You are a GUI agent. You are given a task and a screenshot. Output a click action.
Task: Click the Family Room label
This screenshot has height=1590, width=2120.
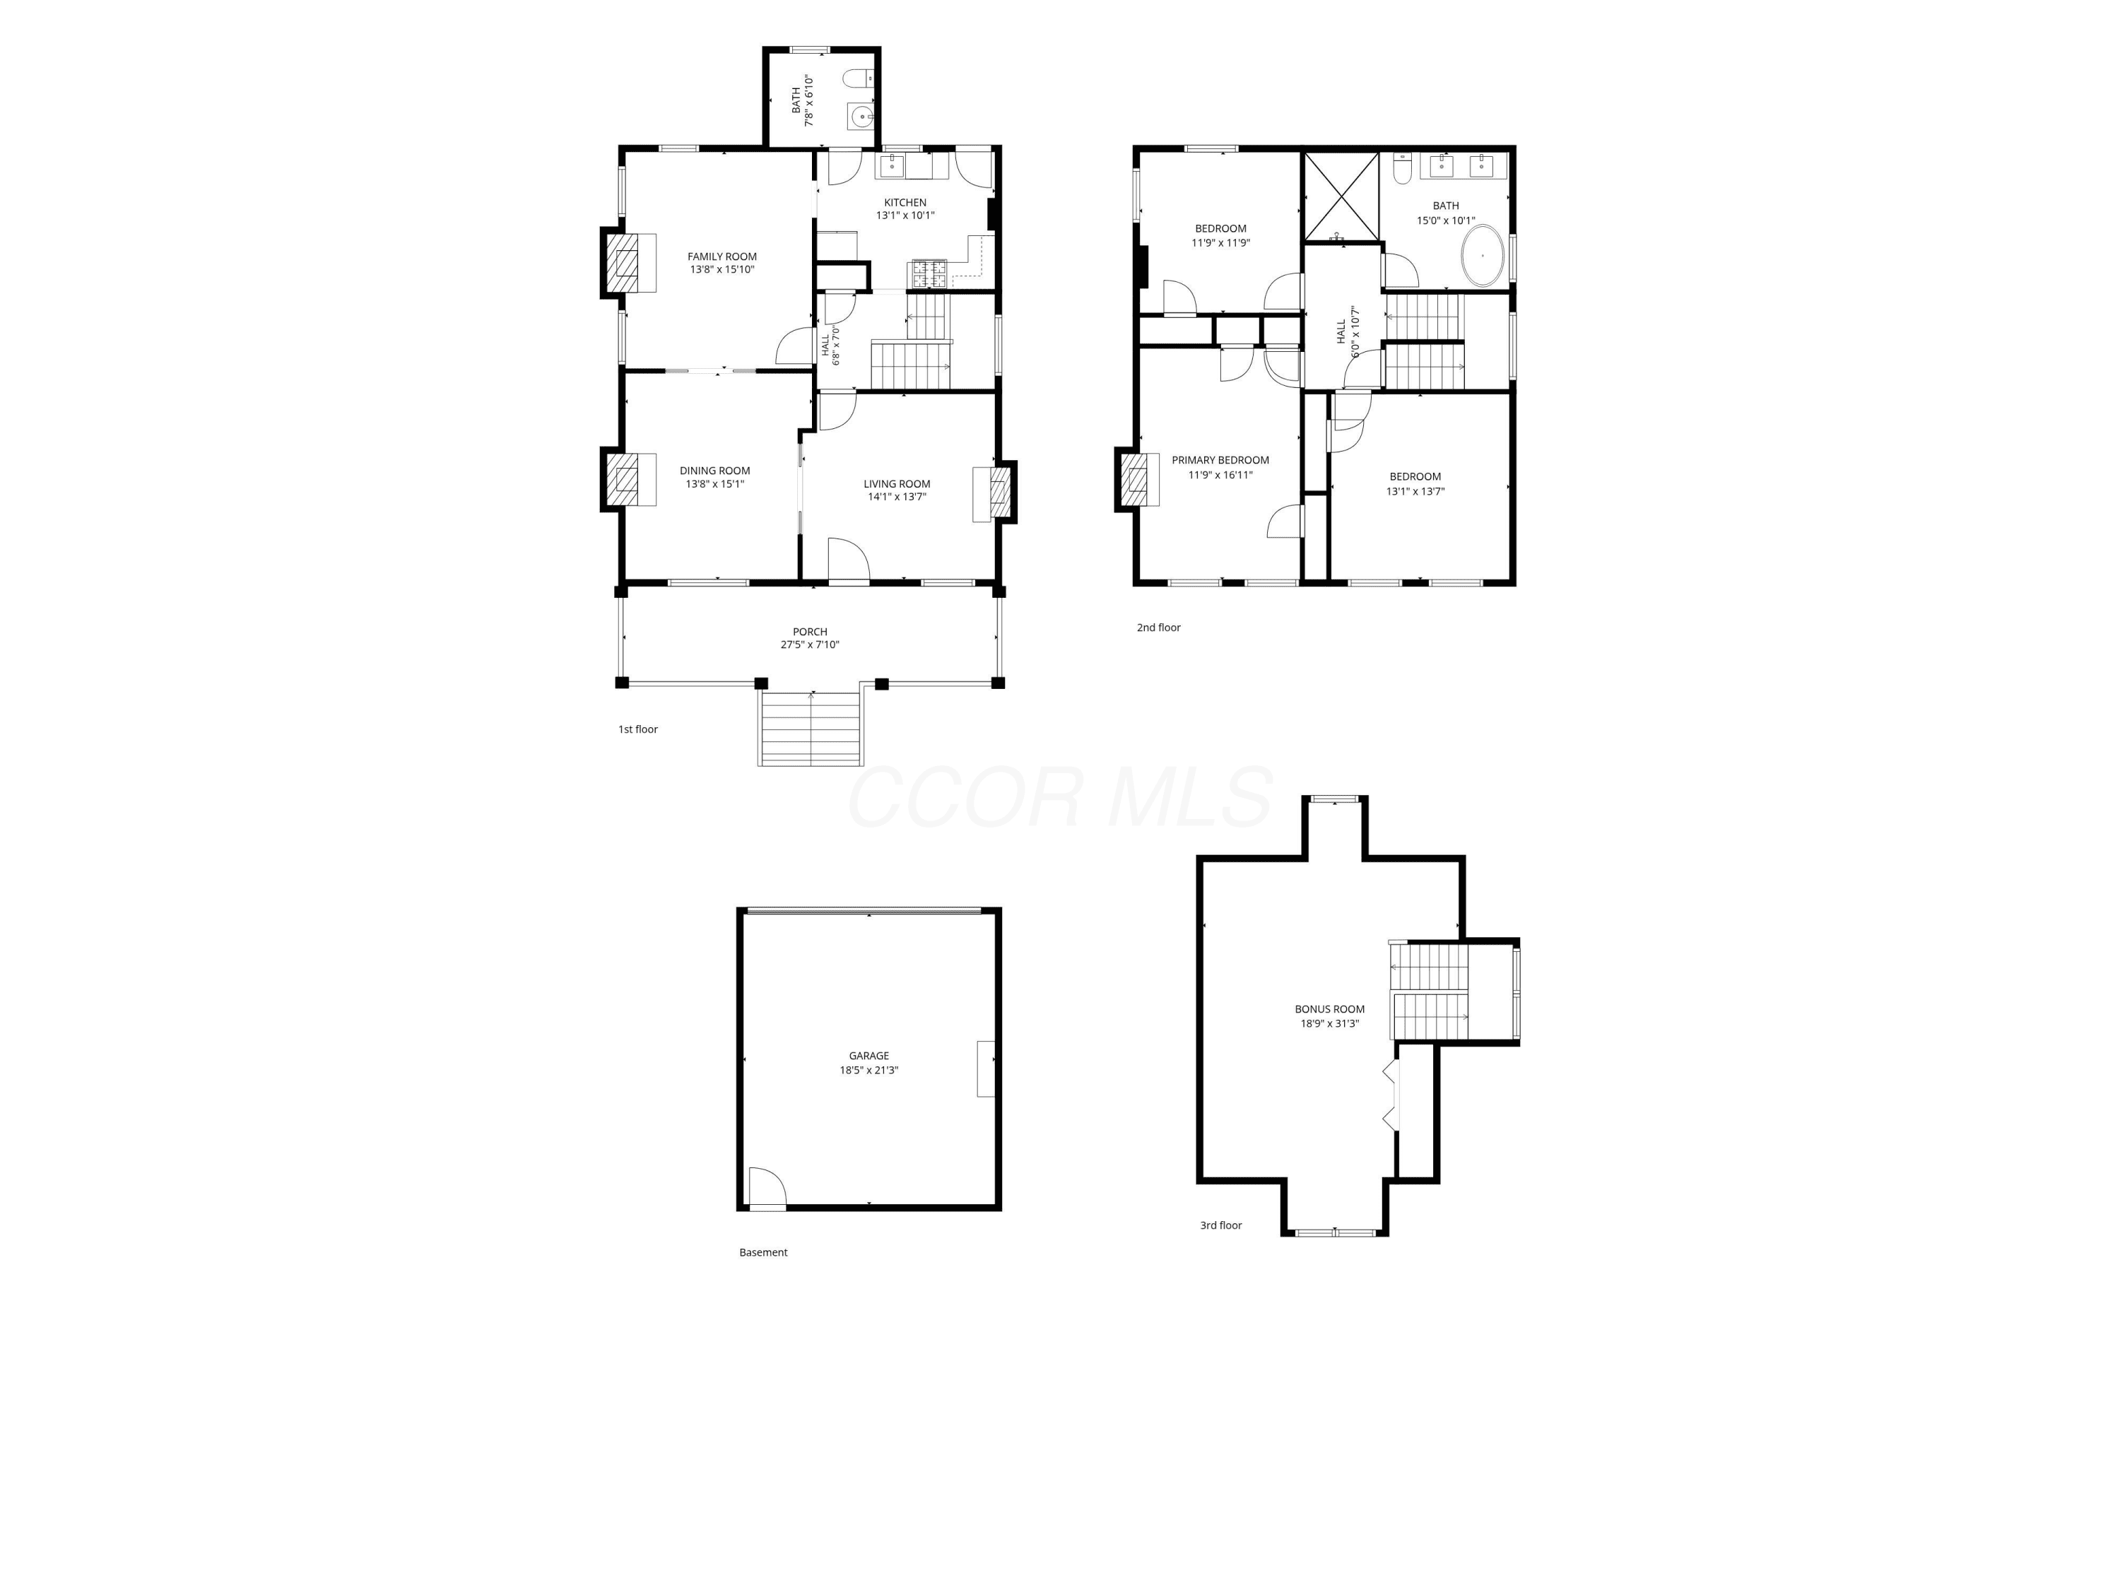tap(722, 257)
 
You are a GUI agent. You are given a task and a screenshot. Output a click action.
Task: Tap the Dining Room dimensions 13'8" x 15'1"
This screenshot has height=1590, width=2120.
tap(715, 484)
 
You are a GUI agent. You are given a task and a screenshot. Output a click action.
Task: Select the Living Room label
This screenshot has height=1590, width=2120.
tap(897, 484)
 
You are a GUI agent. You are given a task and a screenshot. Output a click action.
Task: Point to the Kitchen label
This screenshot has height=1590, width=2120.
tap(905, 202)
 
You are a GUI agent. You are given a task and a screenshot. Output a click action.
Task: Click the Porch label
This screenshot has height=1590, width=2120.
tap(810, 632)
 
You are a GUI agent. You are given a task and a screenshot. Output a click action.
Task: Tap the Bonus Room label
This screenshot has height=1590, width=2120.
tap(1329, 1009)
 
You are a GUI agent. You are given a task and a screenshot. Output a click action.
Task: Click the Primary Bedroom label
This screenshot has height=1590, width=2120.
tap(1220, 460)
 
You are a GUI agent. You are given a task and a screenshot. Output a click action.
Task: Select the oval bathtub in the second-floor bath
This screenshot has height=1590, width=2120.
tap(1483, 256)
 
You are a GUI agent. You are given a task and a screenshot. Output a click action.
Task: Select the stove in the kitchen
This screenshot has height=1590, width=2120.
tap(929, 275)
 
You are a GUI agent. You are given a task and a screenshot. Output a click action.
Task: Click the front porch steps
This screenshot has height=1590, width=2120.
tap(811, 729)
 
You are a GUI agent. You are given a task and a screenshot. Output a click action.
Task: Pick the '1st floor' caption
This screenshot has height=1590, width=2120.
tap(637, 729)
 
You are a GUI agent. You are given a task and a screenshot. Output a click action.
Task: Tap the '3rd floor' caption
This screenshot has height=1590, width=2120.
tap(1221, 1225)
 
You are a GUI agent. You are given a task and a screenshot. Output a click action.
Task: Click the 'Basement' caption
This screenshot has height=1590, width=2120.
tap(763, 1252)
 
